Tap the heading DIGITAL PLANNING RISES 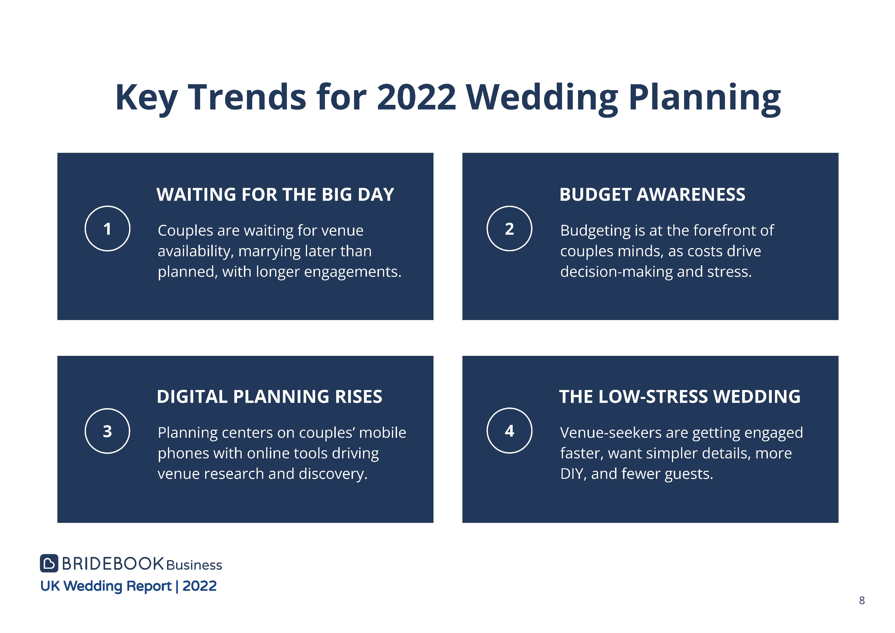269,396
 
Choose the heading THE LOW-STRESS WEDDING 680,396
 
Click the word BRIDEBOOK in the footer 113,564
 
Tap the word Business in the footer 194,565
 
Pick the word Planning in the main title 705,99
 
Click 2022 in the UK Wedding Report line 200,586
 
